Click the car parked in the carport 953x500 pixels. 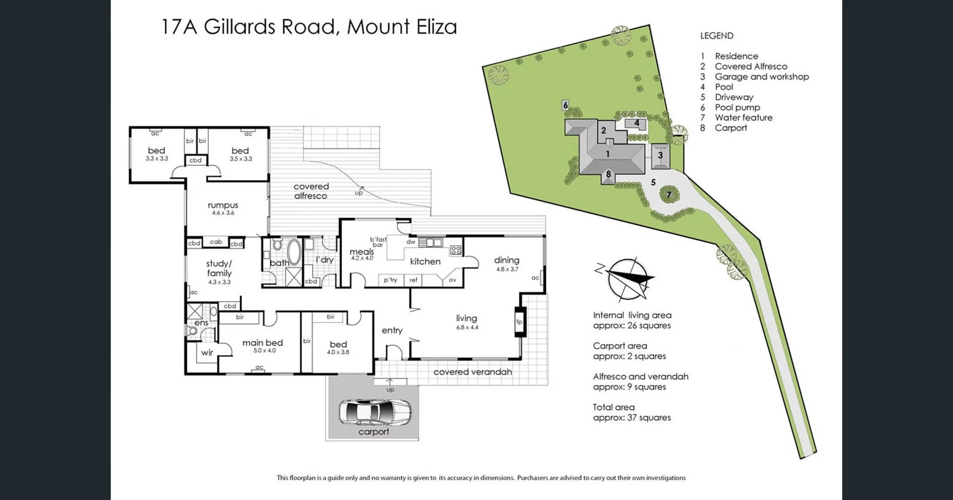click(375, 412)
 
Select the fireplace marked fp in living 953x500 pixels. click(519, 322)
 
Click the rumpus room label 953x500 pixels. click(223, 205)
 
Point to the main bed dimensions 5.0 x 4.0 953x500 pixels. click(265, 351)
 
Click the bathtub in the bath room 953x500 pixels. click(293, 252)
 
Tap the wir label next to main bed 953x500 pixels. click(207, 353)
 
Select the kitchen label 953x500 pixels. click(425, 261)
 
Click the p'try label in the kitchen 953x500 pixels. click(391, 280)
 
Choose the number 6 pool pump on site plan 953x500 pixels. click(565, 105)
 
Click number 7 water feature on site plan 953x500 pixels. click(669, 195)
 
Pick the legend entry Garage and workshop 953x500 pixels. click(761, 76)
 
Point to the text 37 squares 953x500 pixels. click(649, 418)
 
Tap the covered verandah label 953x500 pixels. click(472, 372)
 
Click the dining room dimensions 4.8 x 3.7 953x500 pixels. click(507, 269)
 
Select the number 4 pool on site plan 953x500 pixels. click(636, 123)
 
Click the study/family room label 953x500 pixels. click(219, 268)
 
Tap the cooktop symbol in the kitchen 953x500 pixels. click(456, 250)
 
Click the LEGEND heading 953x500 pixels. click(716, 36)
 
